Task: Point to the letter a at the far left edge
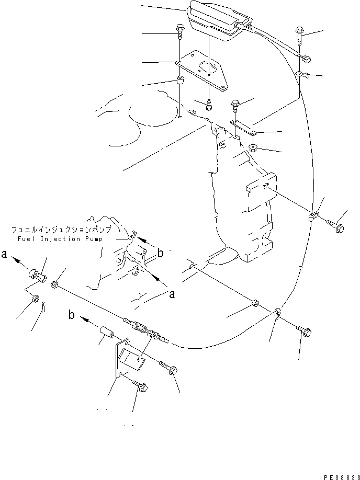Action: [4, 256]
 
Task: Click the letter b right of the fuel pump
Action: [161, 254]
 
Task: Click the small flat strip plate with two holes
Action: [242, 128]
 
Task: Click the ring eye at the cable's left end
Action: [54, 284]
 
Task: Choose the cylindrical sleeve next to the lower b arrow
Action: [107, 333]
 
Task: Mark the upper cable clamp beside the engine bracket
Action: [313, 215]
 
